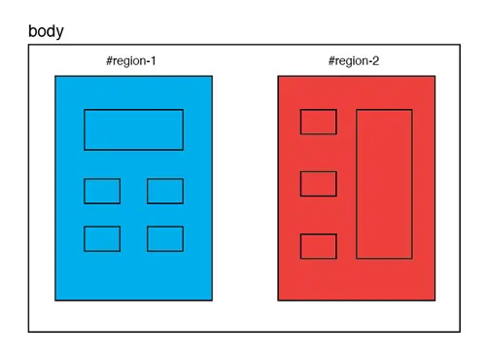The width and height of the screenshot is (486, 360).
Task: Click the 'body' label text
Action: [x=46, y=31]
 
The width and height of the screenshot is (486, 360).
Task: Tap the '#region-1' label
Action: [x=131, y=61]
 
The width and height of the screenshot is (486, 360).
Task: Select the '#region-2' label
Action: [x=354, y=61]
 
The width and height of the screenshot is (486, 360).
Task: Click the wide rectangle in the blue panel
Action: [x=133, y=129]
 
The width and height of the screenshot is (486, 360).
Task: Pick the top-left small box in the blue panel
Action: [x=102, y=191]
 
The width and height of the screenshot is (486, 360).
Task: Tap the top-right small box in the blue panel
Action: [x=165, y=191]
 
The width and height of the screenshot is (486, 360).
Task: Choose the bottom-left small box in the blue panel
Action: [x=102, y=238]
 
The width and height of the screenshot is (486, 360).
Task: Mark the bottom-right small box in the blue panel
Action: [x=165, y=238]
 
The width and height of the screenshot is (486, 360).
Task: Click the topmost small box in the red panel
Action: [x=318, y=122]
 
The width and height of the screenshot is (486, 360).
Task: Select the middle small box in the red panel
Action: [x=318, y=184]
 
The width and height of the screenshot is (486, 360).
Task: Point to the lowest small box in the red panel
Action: [x=318, y=246]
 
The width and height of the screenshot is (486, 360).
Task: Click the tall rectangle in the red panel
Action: [x=384, y=184]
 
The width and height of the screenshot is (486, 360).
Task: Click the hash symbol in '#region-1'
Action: [x=109, y=61]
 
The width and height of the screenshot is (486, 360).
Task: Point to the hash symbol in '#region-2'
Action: [x=332, y=61]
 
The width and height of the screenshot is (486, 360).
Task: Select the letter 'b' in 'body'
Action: [x=33, y=31]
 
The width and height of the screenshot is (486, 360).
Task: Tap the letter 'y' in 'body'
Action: [x=59, y=33]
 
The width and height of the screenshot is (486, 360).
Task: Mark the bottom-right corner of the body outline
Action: [x=459, y=332]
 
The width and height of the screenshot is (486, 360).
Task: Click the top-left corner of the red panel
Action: [x=278, y=76]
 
